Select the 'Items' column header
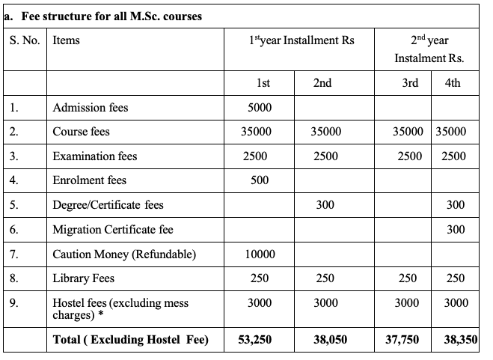pyautogui.click(x=66, y=40)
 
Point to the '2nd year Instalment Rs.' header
pyautogui.click(x=429, y=49)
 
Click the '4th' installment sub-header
pyautogui.click(x=452, y=83)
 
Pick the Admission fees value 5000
pyautogui.click(x=260, y=108)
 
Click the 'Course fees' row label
pyautogui.click(x=81, y=132)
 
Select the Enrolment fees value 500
pyautogui.click(x=260, y=180)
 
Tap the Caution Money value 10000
pyautogui.click(x=260, y=254)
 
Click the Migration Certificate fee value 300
pyautogui.click(x=455, y=230)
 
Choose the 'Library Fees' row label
pyautogui.click(x=83, y=278)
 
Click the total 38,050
pyautogui.click(x=330, y=340)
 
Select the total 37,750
pyautogui.click(x=402, y=340)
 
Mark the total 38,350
pyautogui.click(x=459, y=340)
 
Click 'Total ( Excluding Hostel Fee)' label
pyautogui.click(x=130, y=340)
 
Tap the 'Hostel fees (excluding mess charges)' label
pyautogui.click(x=120, y=309)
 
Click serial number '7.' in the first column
pyautogui.click(x=14, y=254)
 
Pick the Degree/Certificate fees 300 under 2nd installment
pyautogui.click(x=325, y=205)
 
